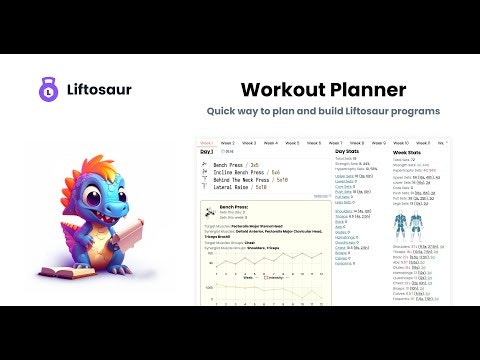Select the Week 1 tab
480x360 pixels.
pos(208,142)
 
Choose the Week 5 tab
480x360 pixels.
pos(313,142)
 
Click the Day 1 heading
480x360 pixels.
pos(207,152)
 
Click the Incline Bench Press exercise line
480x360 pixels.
pos(246,170)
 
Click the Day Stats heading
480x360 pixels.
pos(345,151)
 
